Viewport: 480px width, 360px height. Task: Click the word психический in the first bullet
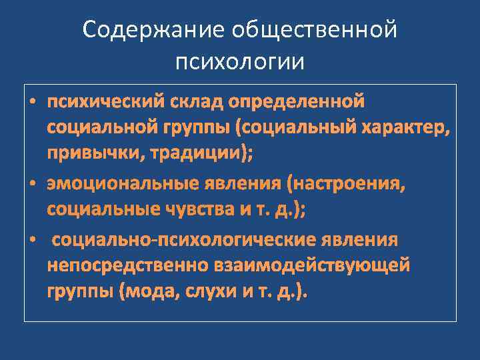(101, 101)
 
